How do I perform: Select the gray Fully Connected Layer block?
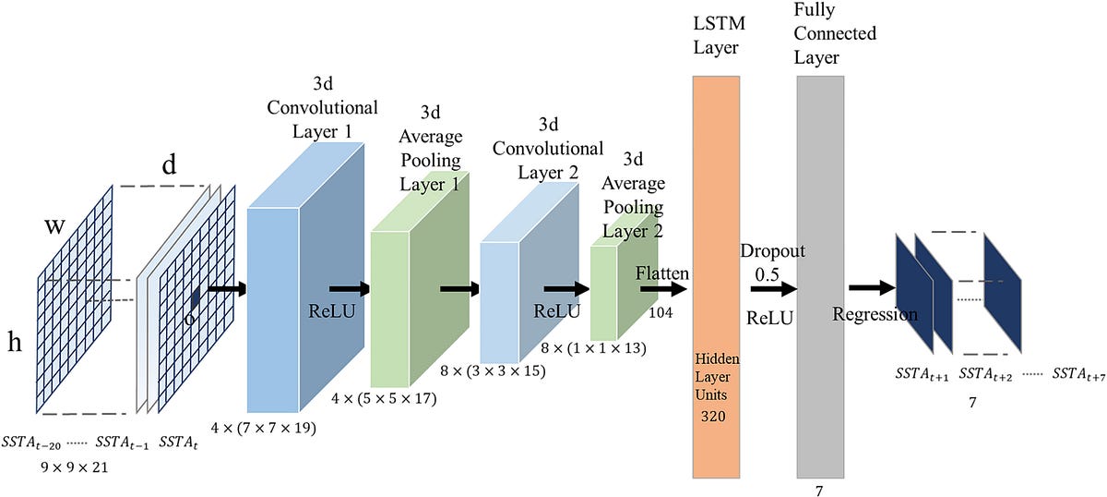click(819, 277)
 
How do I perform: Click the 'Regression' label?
click(875, 314)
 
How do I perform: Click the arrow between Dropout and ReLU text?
click(772, 289)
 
